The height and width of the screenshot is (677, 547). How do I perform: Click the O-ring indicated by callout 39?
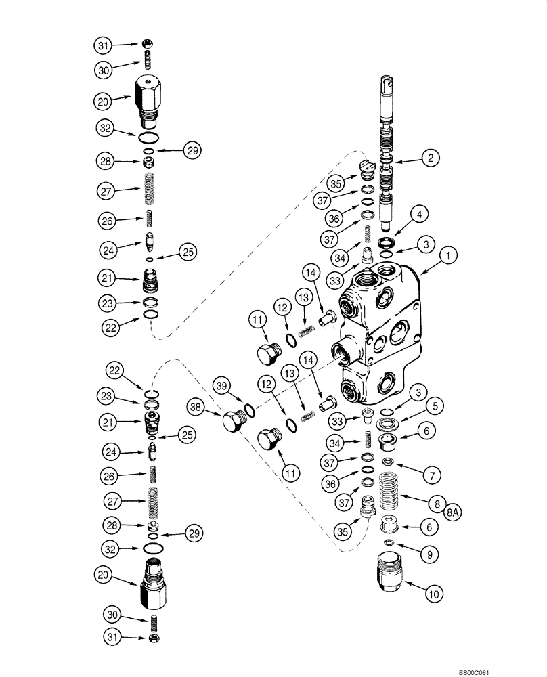(x=250, y=410)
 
